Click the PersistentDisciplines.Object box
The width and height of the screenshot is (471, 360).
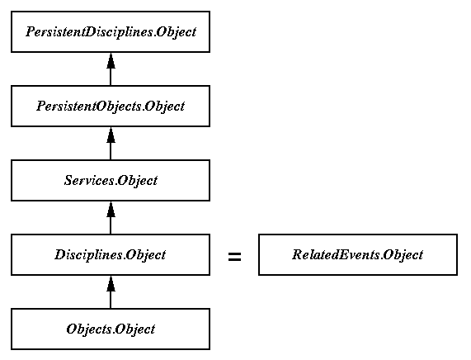click(111, 32)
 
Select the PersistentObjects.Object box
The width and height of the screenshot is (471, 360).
click(111, 107)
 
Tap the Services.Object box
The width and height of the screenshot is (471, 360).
click(111, 181)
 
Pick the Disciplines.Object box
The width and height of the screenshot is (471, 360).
click(111, 255)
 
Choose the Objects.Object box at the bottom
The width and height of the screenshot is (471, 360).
click(111, 329)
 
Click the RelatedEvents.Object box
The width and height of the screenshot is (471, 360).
click(358, 255)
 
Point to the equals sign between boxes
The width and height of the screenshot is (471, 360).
click(234, 257)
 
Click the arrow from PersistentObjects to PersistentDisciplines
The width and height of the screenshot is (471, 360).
click(111, 69)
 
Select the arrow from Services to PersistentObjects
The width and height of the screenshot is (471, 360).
click(111, 144)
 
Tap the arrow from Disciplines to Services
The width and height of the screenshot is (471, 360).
click(111, 218)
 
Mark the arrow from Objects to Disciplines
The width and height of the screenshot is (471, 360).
click(111, 292)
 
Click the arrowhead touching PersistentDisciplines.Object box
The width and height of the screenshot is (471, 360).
click(111, 60)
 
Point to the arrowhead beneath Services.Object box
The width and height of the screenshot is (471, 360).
click(111, 209)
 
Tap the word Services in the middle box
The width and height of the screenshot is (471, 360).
click(89, 180)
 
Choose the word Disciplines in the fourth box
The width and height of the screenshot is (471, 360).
click(88, 255)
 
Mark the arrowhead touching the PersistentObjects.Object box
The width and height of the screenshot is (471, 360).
click(111, 135)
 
